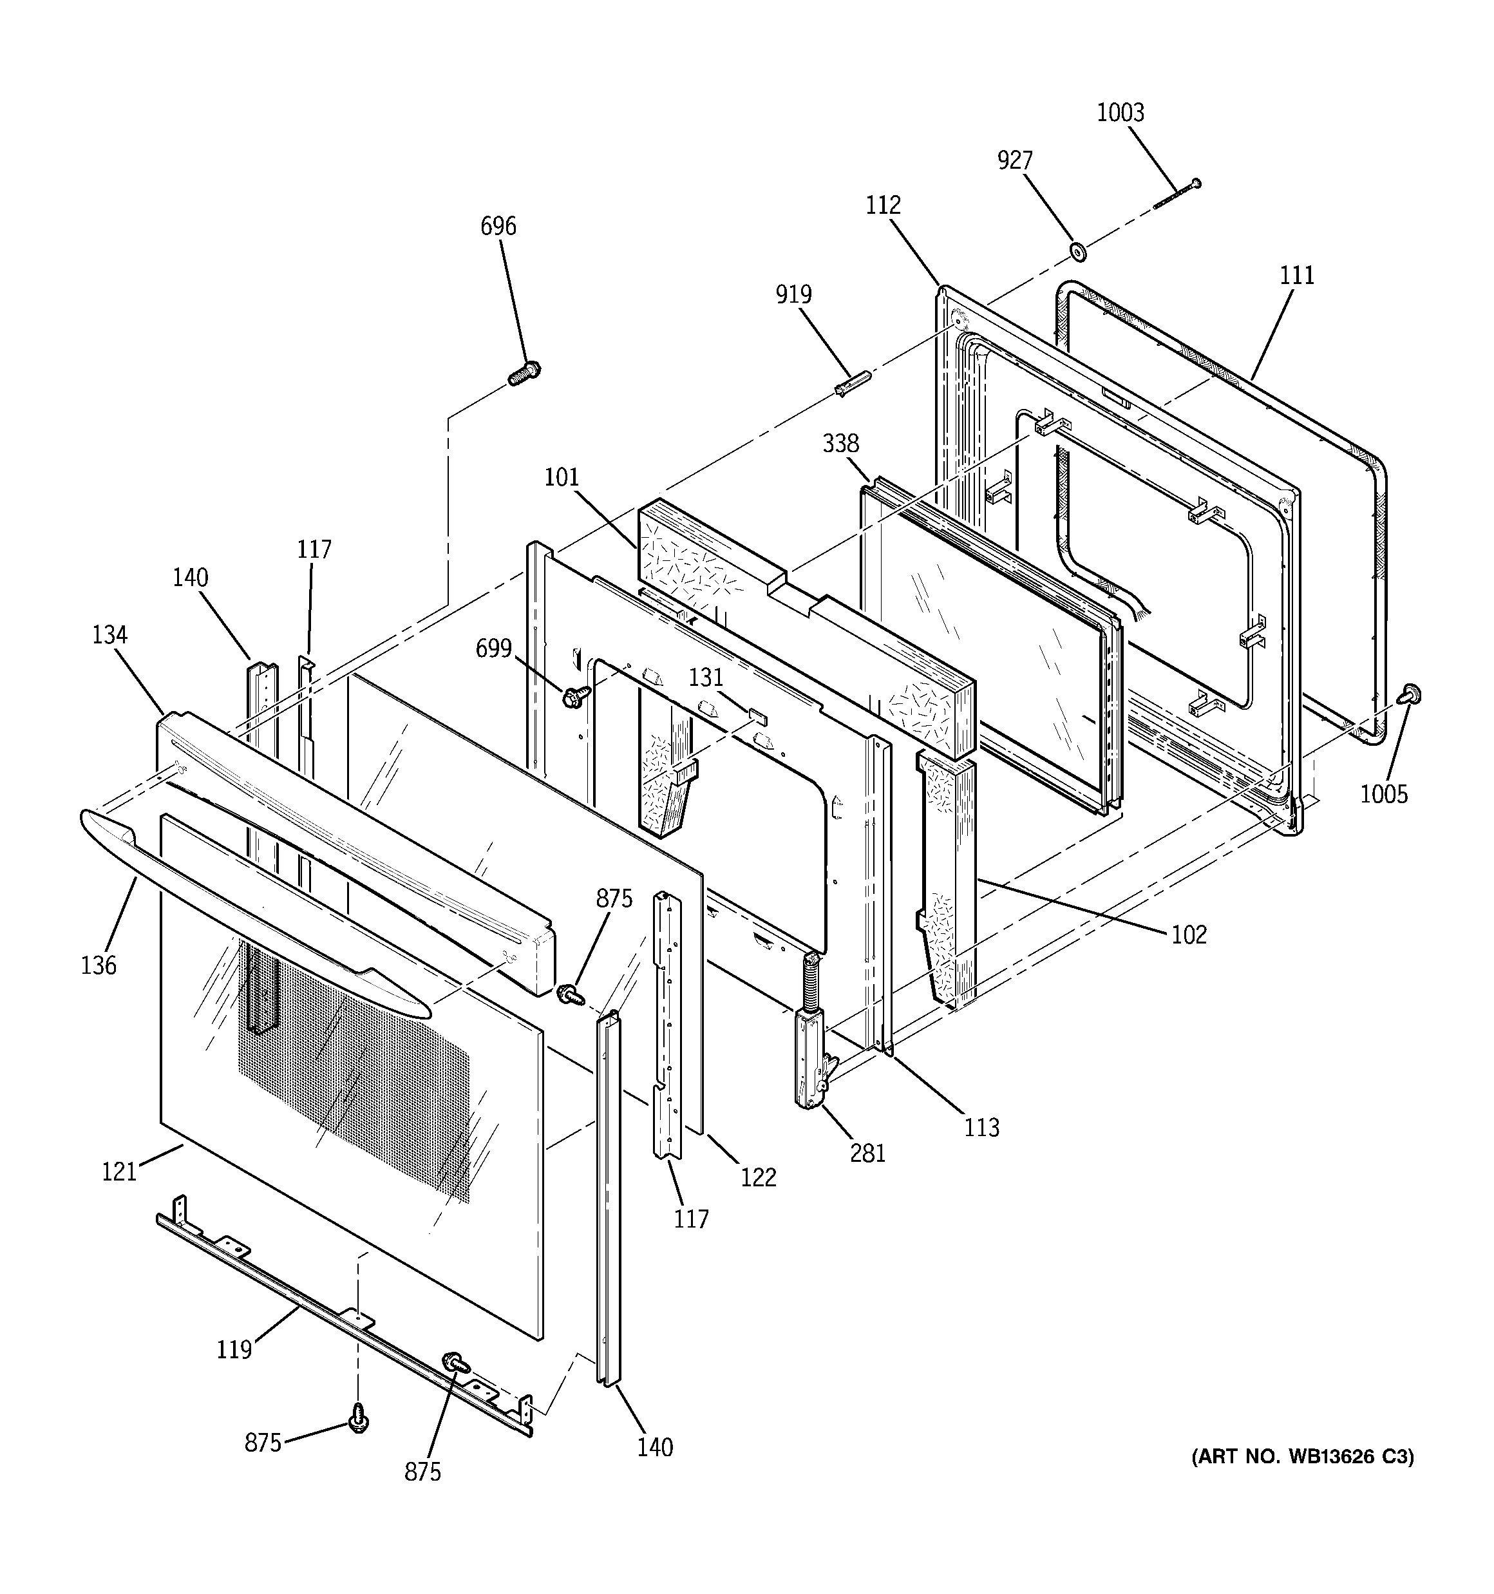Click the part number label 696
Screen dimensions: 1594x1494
tap(498, 226)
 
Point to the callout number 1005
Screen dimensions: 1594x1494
tap(1384, 794)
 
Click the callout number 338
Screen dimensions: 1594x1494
tap(840, 442)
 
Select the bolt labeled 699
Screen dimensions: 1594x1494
tap(574, 697)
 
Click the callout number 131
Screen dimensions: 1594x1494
tap(706, 678)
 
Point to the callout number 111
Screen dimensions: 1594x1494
tap(1297, 275)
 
